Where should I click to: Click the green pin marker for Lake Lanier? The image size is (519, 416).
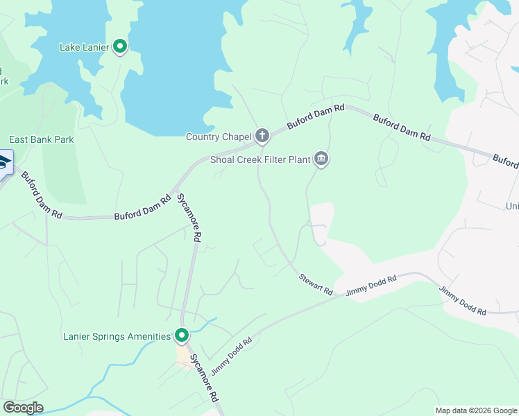tap(120, 46)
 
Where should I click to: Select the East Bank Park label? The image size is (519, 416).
tap(42, 139)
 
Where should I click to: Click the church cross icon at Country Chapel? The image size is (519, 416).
tap(262, 136)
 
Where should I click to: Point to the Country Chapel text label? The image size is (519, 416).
tap(219, 137)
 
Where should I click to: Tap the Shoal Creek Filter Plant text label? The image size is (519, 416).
tap(260, 159)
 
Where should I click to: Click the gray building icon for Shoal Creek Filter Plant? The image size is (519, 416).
tap(321, 159)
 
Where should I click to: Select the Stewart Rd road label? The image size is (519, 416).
tap(316, 282)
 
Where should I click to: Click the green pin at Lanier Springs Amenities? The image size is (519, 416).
tap(182, 336)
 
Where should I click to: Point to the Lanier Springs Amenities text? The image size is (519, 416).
tap(117, 336)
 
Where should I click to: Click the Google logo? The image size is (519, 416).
tap(23, 408)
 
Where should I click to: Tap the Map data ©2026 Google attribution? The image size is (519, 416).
tap(476, 410)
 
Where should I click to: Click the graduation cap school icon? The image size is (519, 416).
tap(4, 162)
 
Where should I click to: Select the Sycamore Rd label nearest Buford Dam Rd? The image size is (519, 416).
tap(188, 216)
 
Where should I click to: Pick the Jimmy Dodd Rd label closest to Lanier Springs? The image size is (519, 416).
tap(231, 354)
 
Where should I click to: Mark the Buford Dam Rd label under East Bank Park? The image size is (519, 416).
tap(42, 196)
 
